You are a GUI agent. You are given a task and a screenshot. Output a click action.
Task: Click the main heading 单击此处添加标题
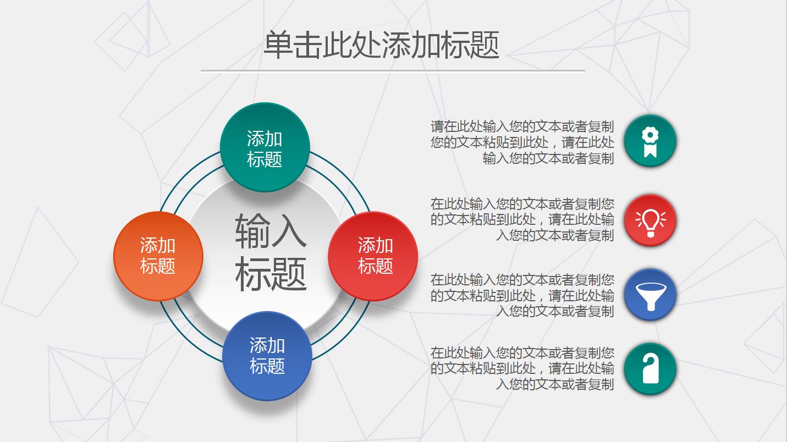[381, 45]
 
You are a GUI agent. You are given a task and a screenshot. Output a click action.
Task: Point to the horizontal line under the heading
[392, 70]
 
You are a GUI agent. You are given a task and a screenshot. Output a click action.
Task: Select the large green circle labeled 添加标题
[265, 147]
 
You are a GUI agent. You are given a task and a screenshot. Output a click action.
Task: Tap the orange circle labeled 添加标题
[158, 256]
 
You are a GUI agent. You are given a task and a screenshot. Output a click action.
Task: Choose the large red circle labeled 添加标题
[373, 256]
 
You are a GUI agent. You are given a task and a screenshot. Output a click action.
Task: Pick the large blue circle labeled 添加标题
[267, 356]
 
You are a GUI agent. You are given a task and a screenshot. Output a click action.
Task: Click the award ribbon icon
[650, 141]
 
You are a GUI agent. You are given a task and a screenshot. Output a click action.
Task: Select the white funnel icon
[650, 295]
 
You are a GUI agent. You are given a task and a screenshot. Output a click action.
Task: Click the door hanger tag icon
[650, 368]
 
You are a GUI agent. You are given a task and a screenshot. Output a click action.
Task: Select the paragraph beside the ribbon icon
[522, 142]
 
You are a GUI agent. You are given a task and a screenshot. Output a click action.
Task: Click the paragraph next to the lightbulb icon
[522, 219]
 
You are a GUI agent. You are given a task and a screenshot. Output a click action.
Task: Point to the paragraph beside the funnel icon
[522, 295]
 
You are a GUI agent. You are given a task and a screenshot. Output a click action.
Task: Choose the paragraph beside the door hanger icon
[522, 368]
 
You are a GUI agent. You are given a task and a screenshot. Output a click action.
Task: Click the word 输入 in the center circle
[271, 231]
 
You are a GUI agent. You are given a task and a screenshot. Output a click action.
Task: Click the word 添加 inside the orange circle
[158, 245]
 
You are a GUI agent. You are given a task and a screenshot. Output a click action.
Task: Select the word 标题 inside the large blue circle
[267, 366]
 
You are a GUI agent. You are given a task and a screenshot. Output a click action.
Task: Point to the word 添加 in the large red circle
[375, 245]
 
